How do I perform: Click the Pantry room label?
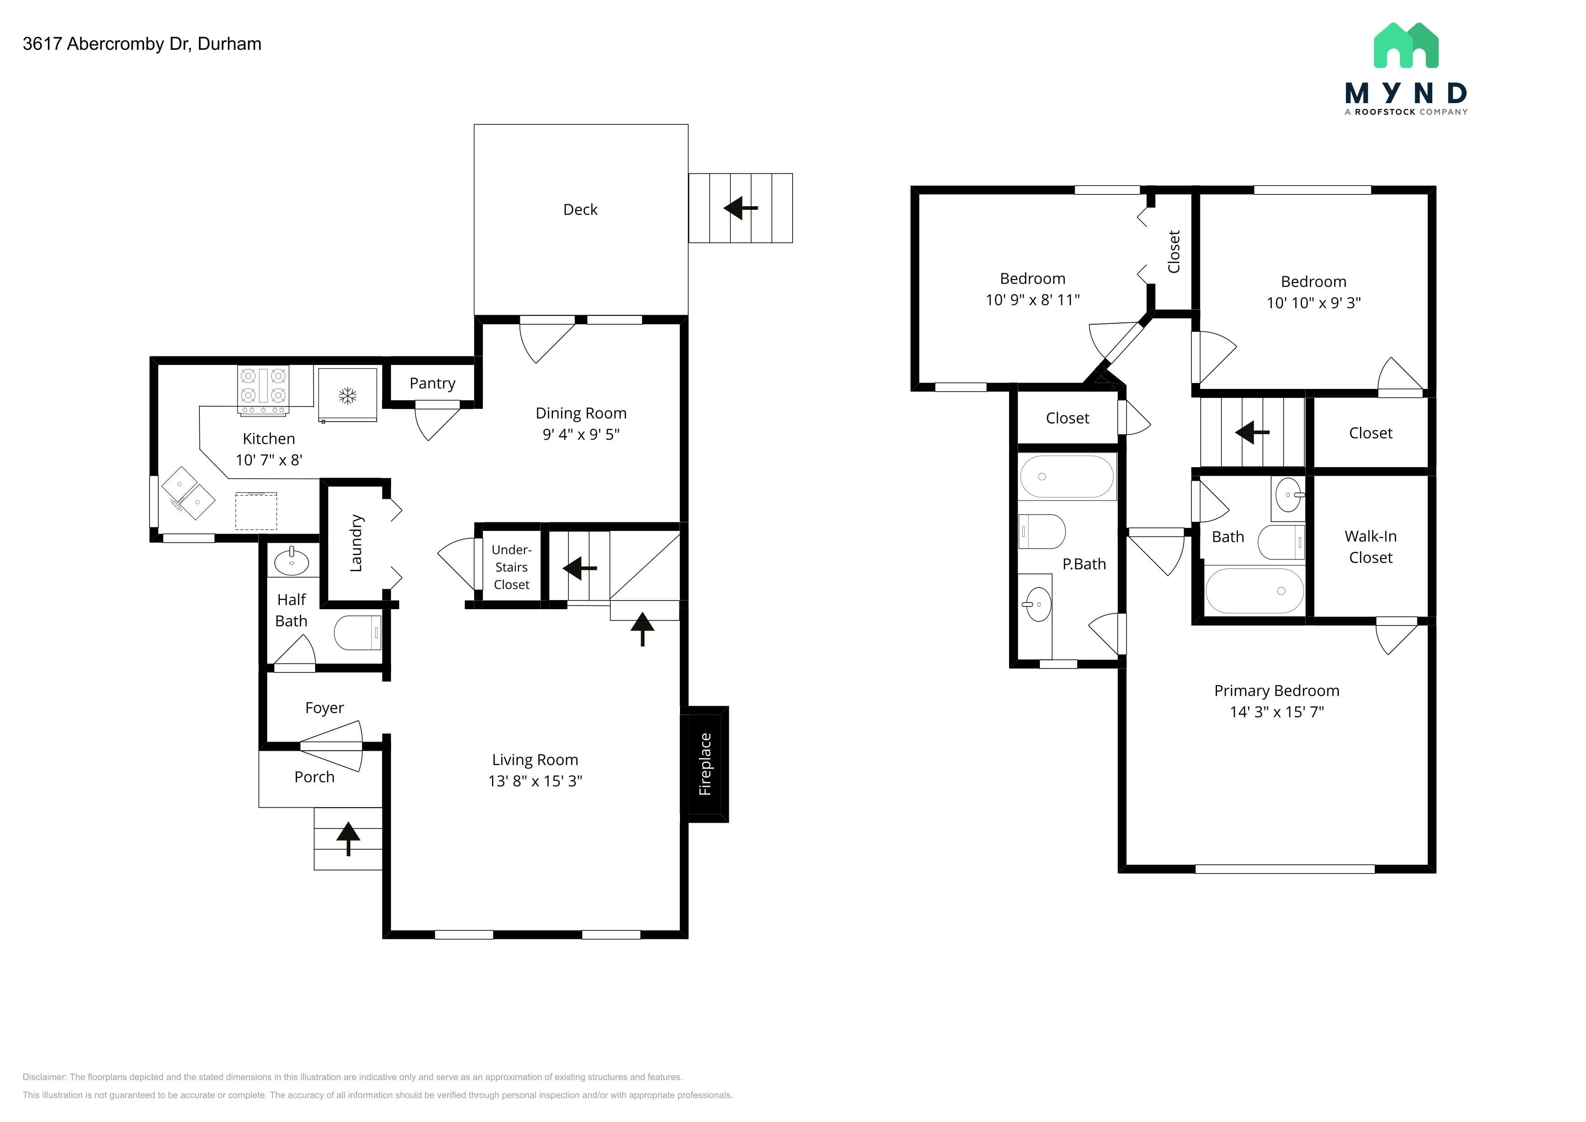pos(432,383)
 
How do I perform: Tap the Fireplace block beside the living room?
pos(704,764)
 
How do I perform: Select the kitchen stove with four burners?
pos(263,390)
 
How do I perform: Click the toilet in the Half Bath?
pos(358,632)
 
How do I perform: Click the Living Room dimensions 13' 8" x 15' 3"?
pos(535,781)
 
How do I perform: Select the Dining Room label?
pos(581,413)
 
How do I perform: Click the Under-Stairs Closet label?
pos(511,567)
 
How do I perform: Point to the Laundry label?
pos(356,543)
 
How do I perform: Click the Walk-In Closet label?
pos(1370,546)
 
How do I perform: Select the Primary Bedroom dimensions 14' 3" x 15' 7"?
pos(1277,712)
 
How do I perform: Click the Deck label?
pos(580,209)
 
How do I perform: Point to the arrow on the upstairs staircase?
pos(1252,432)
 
